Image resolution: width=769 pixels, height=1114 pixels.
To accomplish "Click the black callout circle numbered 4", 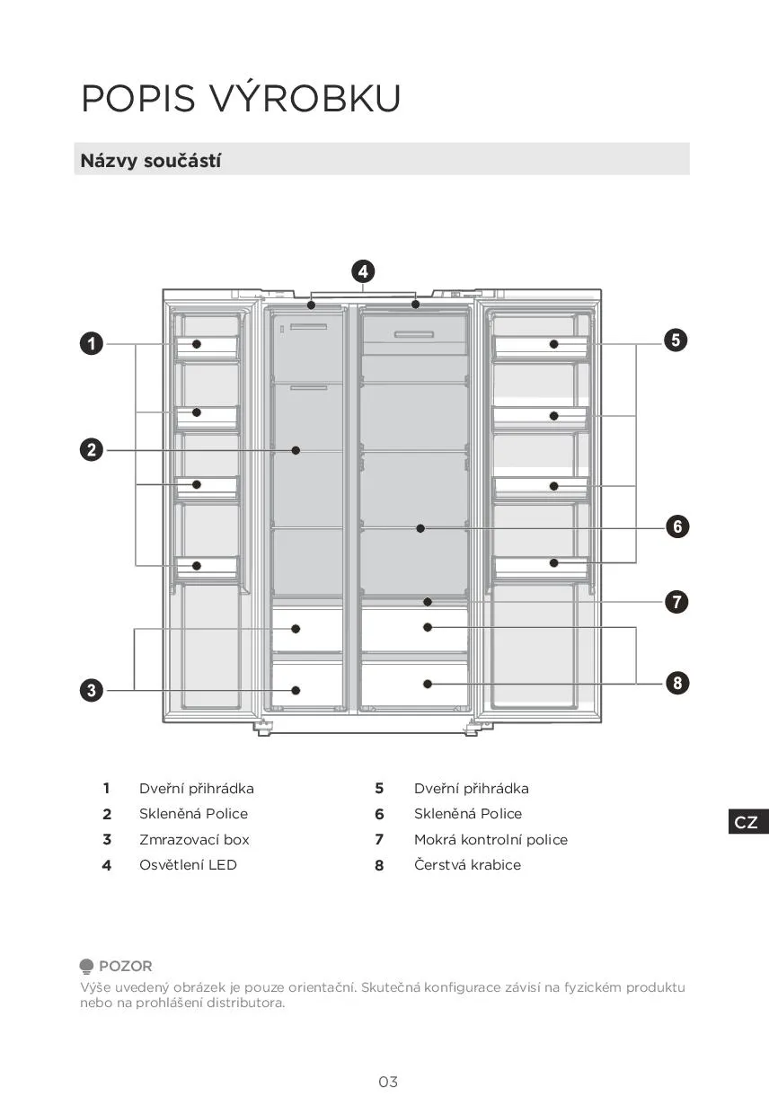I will (x=362, y=271).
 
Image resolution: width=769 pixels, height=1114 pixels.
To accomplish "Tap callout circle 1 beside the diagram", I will (x=91, y=343).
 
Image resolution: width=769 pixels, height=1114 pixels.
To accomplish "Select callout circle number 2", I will (x=91, y=449).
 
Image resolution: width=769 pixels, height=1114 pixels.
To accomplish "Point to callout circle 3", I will (x=91, y=690).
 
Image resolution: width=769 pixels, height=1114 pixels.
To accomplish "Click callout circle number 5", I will (x=676, y=340).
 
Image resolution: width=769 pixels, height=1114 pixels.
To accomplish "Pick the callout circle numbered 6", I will (x=677, y=526).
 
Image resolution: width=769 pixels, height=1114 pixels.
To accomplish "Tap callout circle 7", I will (x=677, y=601).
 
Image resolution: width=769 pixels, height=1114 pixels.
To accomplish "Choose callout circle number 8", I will (x=677, y=683).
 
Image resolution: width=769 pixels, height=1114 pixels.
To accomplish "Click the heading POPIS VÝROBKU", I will (x=241, y=98).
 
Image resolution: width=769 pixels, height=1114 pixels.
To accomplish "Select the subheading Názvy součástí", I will (x=150, y=161).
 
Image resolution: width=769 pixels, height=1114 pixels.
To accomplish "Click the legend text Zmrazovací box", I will (x=194, y=839).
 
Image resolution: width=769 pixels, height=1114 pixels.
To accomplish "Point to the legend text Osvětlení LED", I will (x=188, y=864).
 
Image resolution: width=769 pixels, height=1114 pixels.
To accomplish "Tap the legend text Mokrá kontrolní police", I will (x=491, y=839).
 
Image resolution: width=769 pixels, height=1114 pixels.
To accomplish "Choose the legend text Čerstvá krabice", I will (x=467, y=864).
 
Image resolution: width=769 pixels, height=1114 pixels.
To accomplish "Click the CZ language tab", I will (x=747, y=822).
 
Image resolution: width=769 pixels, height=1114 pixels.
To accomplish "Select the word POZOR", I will (x=125, y=966).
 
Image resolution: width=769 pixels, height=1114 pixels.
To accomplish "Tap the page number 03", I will (x=387, y=1082).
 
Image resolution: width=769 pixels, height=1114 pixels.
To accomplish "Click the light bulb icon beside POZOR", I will (x=86, y=967).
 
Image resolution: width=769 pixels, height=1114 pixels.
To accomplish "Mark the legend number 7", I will (x=379, y=839).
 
